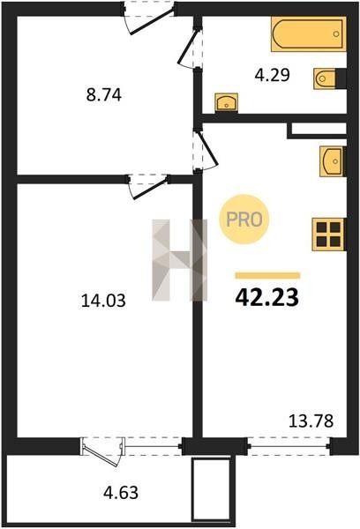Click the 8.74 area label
click(104, 95)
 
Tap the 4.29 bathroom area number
click(272, 75)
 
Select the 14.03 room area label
click(103, 301)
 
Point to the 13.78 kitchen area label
click(311, 421)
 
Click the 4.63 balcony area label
click(121, 493)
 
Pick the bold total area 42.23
click(267, 298)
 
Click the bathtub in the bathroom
click(309, 34)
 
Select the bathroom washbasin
click(226, 102)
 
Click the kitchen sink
click(332, 161)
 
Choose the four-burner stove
click(328, 235)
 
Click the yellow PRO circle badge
click(244, 220)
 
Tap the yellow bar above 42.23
click(267, 275)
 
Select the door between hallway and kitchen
click(206, 150)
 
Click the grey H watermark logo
click(179, 260)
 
